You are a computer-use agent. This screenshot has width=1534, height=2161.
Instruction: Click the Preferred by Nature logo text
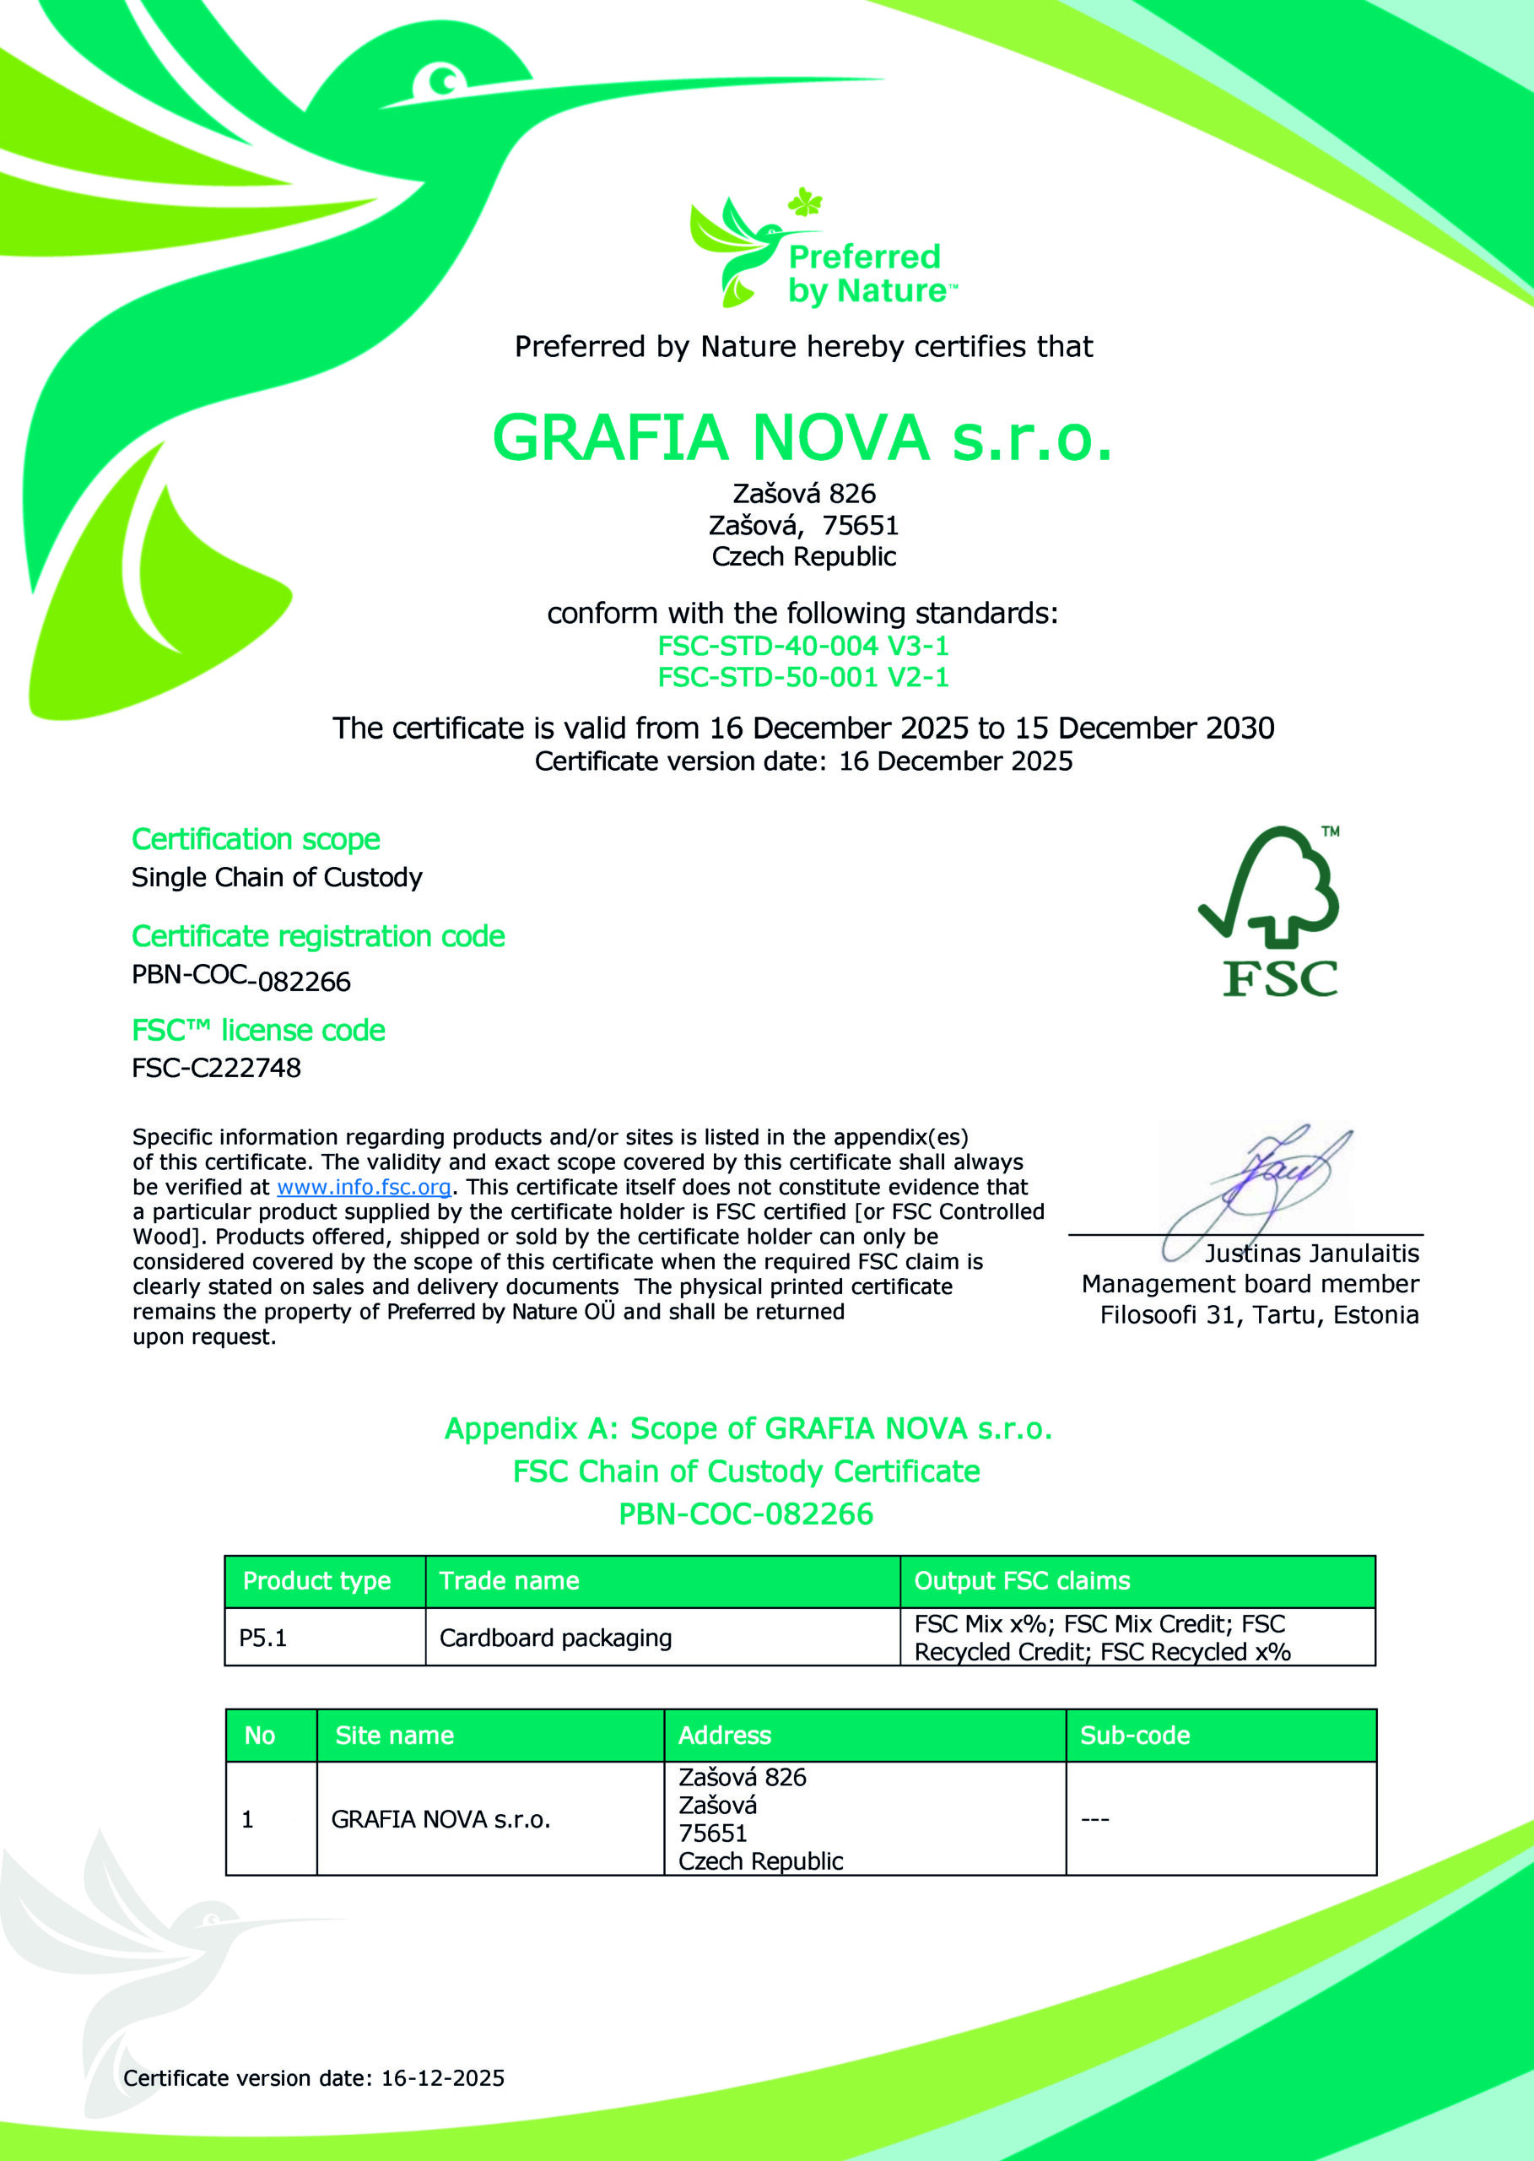pyautogui.click(x=865, y=273)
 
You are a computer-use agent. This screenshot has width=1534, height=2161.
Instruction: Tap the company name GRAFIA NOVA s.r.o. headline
pyautogui.click(x=803, y=437)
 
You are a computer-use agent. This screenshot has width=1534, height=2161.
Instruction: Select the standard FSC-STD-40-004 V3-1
pyautogui.click(x=803, y=646)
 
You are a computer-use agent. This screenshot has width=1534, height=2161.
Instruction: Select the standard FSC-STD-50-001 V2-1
pyautogui.click(x=803, y=676)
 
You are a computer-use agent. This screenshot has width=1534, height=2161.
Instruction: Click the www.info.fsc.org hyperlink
pyautogui.click(x=364, y=1187)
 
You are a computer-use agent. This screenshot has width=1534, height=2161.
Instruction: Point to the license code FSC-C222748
pyautogui.click(x=216, y=1068)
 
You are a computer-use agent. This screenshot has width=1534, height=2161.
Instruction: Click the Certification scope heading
pyautogui.click(x=256, y=839)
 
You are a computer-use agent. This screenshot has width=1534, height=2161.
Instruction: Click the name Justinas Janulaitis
pyautogui.click(x=1311, y=1253)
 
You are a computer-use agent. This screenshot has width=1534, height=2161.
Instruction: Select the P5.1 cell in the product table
pyautogui.click(x=262, y=1638)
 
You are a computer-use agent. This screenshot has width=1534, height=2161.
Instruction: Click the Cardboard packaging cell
pyautogui.click(x=555, y=1638)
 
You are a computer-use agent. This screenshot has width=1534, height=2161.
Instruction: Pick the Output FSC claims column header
pyautogui.click(x=1022, y=1581)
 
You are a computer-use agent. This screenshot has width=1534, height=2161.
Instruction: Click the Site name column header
pyautogui.click(x=394, y=1735)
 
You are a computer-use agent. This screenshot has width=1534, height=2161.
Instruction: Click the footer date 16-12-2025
pyautogui.click(x=442, y=2077)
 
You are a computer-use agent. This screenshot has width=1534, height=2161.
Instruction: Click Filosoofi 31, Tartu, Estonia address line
pyautogui.click(x=1259, y=1315)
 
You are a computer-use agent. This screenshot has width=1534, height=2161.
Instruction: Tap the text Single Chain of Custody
pyautogui.click(x=277, y=878)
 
